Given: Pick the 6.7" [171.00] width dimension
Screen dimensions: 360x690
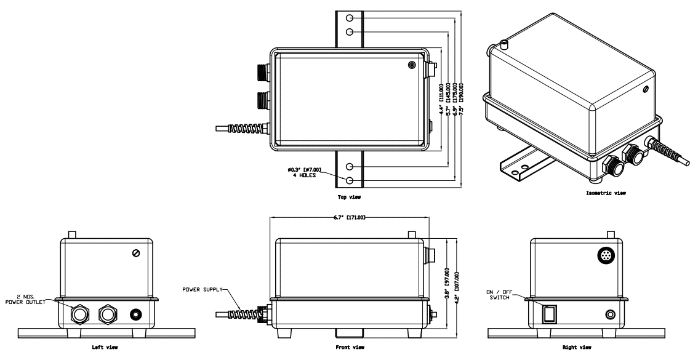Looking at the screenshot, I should click(x=348, y=217).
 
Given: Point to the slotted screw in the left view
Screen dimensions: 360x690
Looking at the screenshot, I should click(x=137, y=254).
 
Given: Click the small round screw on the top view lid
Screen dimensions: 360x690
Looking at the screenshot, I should click(x=411, y=64).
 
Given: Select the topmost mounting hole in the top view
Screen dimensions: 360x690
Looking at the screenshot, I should click(x=350, y=17).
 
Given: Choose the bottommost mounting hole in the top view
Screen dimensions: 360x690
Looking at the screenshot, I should click(x=350, y=180).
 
